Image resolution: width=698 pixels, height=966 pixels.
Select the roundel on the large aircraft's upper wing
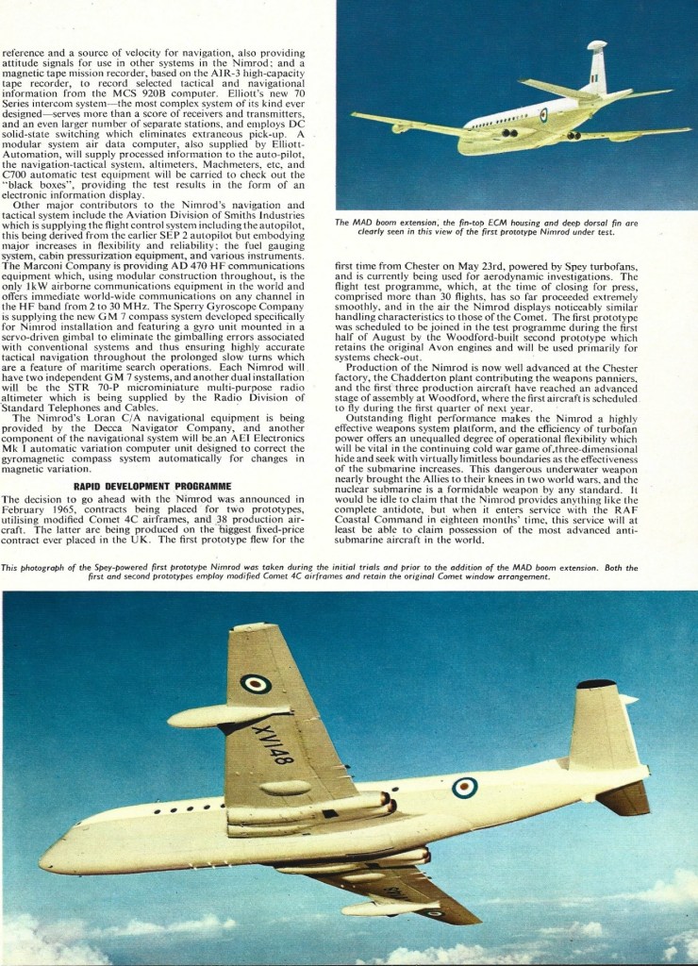(255, 683)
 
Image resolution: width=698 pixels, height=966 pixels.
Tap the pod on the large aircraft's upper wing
(226, 716)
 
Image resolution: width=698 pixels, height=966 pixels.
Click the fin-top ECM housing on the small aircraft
(596, 45)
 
